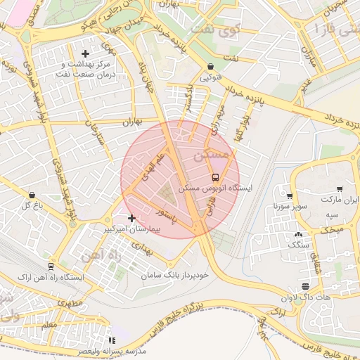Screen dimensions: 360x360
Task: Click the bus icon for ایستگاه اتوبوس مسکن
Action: [215, 177]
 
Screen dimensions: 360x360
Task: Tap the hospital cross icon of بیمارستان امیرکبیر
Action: [131, 218]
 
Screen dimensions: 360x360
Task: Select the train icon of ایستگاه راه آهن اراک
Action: [51, 266]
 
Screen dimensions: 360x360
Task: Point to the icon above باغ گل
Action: [32, 195]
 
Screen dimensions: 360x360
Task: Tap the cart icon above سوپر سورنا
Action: [289, 195]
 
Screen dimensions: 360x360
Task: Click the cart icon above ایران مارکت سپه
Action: [340, 189]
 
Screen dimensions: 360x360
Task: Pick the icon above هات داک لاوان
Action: [304, 285]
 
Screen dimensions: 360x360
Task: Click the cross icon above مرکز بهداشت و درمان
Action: [86, 53]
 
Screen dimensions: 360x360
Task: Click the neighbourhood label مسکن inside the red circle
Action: [210, 153]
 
